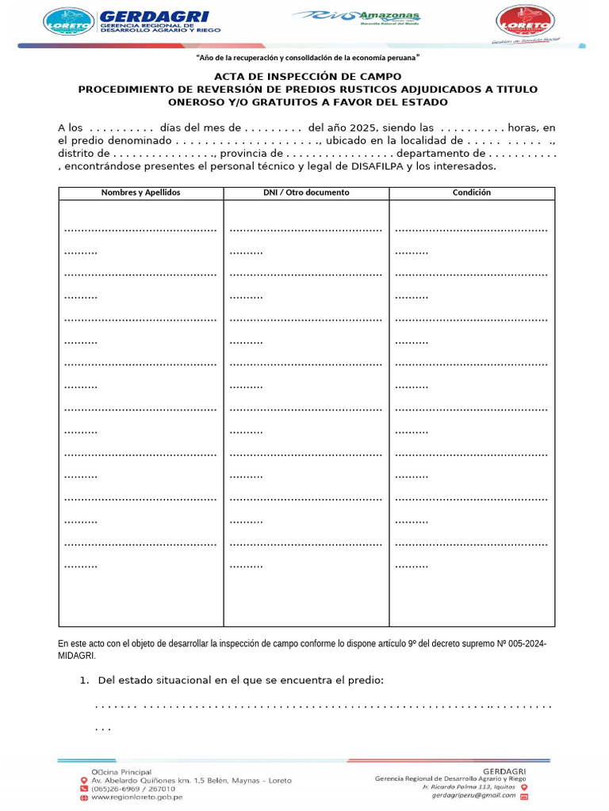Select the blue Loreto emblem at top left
click(x=67, y=22)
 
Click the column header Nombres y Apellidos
click(x=140, y=192)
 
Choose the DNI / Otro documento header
click(x=306, y=192)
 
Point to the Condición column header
click(x=472, y=192)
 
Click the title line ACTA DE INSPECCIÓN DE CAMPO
click(x=308, y=77)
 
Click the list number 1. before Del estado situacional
click(x=84, y=681)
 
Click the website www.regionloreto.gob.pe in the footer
click(x=137, y=797)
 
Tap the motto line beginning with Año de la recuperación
click(x=307, y=59)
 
